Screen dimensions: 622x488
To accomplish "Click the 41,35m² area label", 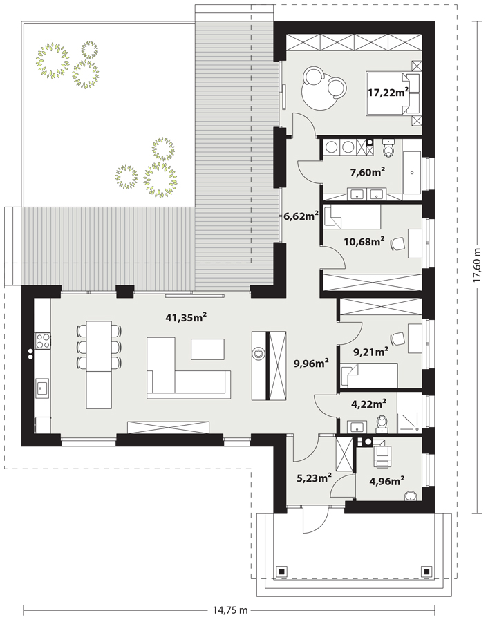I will (x=187, y=318).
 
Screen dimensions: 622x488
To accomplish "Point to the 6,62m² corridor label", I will (x=301, y=216).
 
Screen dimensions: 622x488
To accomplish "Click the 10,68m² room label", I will (x=364, y=241).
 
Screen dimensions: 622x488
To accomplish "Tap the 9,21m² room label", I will (x=370, y=351).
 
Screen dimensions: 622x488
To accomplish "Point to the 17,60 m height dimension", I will (x=476, y=266).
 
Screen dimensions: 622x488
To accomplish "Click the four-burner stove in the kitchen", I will (x=43, y=339).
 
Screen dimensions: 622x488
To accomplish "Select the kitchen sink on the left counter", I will (x=42, y=388).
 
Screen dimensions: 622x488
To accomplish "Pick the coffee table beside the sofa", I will (x=208, y=349).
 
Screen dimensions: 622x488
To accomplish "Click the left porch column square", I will (x=281, y=572).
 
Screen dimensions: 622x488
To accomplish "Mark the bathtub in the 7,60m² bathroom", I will (x=412, y=171).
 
